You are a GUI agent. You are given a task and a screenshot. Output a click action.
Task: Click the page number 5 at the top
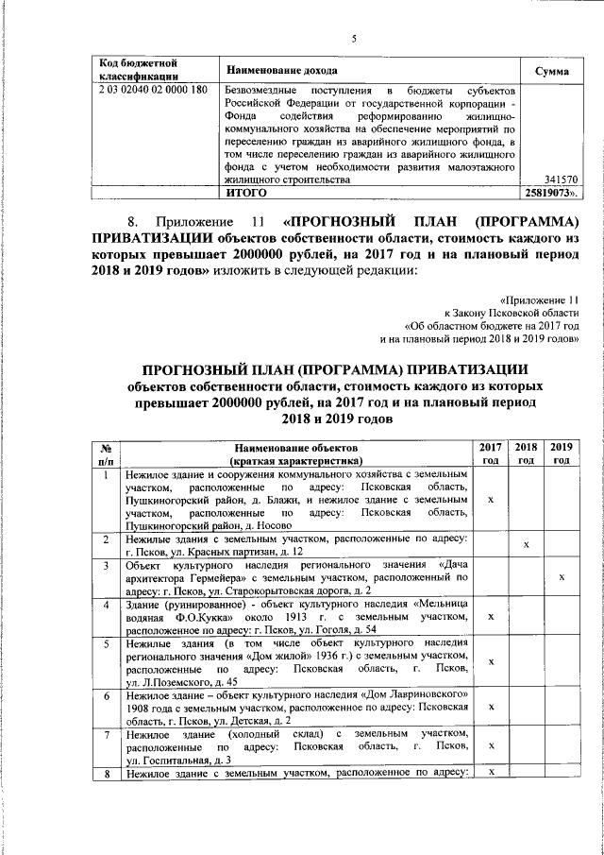point(353,39)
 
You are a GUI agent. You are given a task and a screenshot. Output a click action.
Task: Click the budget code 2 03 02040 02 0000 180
point(152,91)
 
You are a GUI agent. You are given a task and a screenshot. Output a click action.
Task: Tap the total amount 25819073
point(552,192)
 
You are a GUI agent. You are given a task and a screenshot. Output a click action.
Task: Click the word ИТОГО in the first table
point(243,192)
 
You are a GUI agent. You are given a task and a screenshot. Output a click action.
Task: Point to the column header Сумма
point(551,71)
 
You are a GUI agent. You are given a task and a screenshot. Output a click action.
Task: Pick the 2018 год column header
point(526,453)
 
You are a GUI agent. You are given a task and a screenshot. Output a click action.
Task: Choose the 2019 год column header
point(562,453)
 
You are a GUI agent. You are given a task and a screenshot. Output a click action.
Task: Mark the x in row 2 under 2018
point(526,544)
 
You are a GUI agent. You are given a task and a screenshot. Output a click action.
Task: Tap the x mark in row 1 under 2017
point(490,498)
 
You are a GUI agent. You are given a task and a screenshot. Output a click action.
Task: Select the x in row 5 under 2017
point(490,661)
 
